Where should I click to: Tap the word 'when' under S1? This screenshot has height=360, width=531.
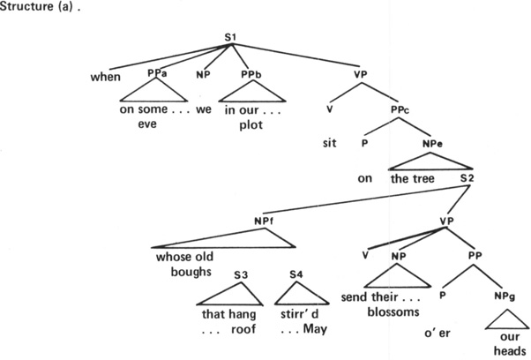point(106,76)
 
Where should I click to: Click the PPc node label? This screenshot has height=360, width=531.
point(400,109)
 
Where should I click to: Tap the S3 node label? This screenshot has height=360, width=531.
point(240,274)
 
